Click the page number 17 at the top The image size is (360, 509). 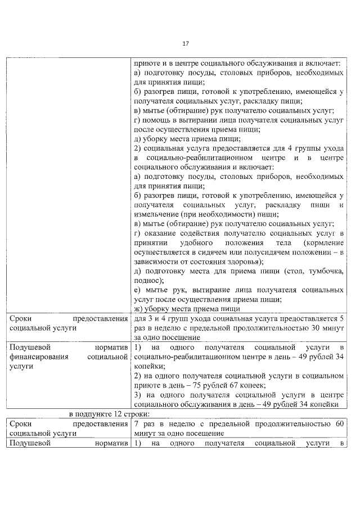[185, 44]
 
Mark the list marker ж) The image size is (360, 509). [139, 309]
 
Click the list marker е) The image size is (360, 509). [138, 290]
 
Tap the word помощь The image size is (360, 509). [160, 119]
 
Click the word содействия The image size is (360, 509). [199, 233]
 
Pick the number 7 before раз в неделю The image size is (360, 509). [137, 424]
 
